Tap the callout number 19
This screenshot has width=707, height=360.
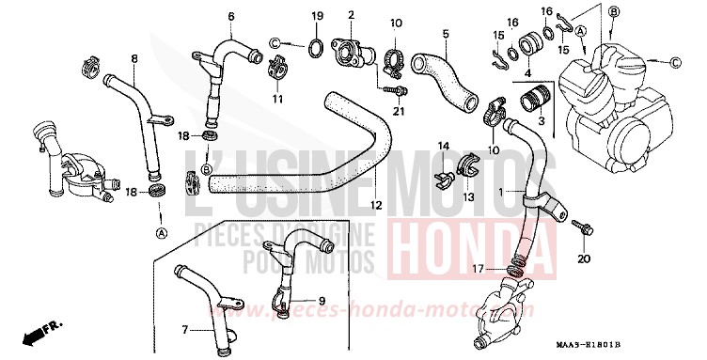[x=317, y=16]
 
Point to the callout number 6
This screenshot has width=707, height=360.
[x=231, y=16]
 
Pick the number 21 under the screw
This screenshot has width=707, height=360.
[x=398, y=113]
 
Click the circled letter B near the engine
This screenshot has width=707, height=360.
[x=613, y=11]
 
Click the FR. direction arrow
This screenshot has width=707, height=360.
[x=39, y=332]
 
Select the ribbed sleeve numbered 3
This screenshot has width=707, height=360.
[x=534, y=98]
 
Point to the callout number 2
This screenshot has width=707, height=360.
[x=350, y=16]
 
